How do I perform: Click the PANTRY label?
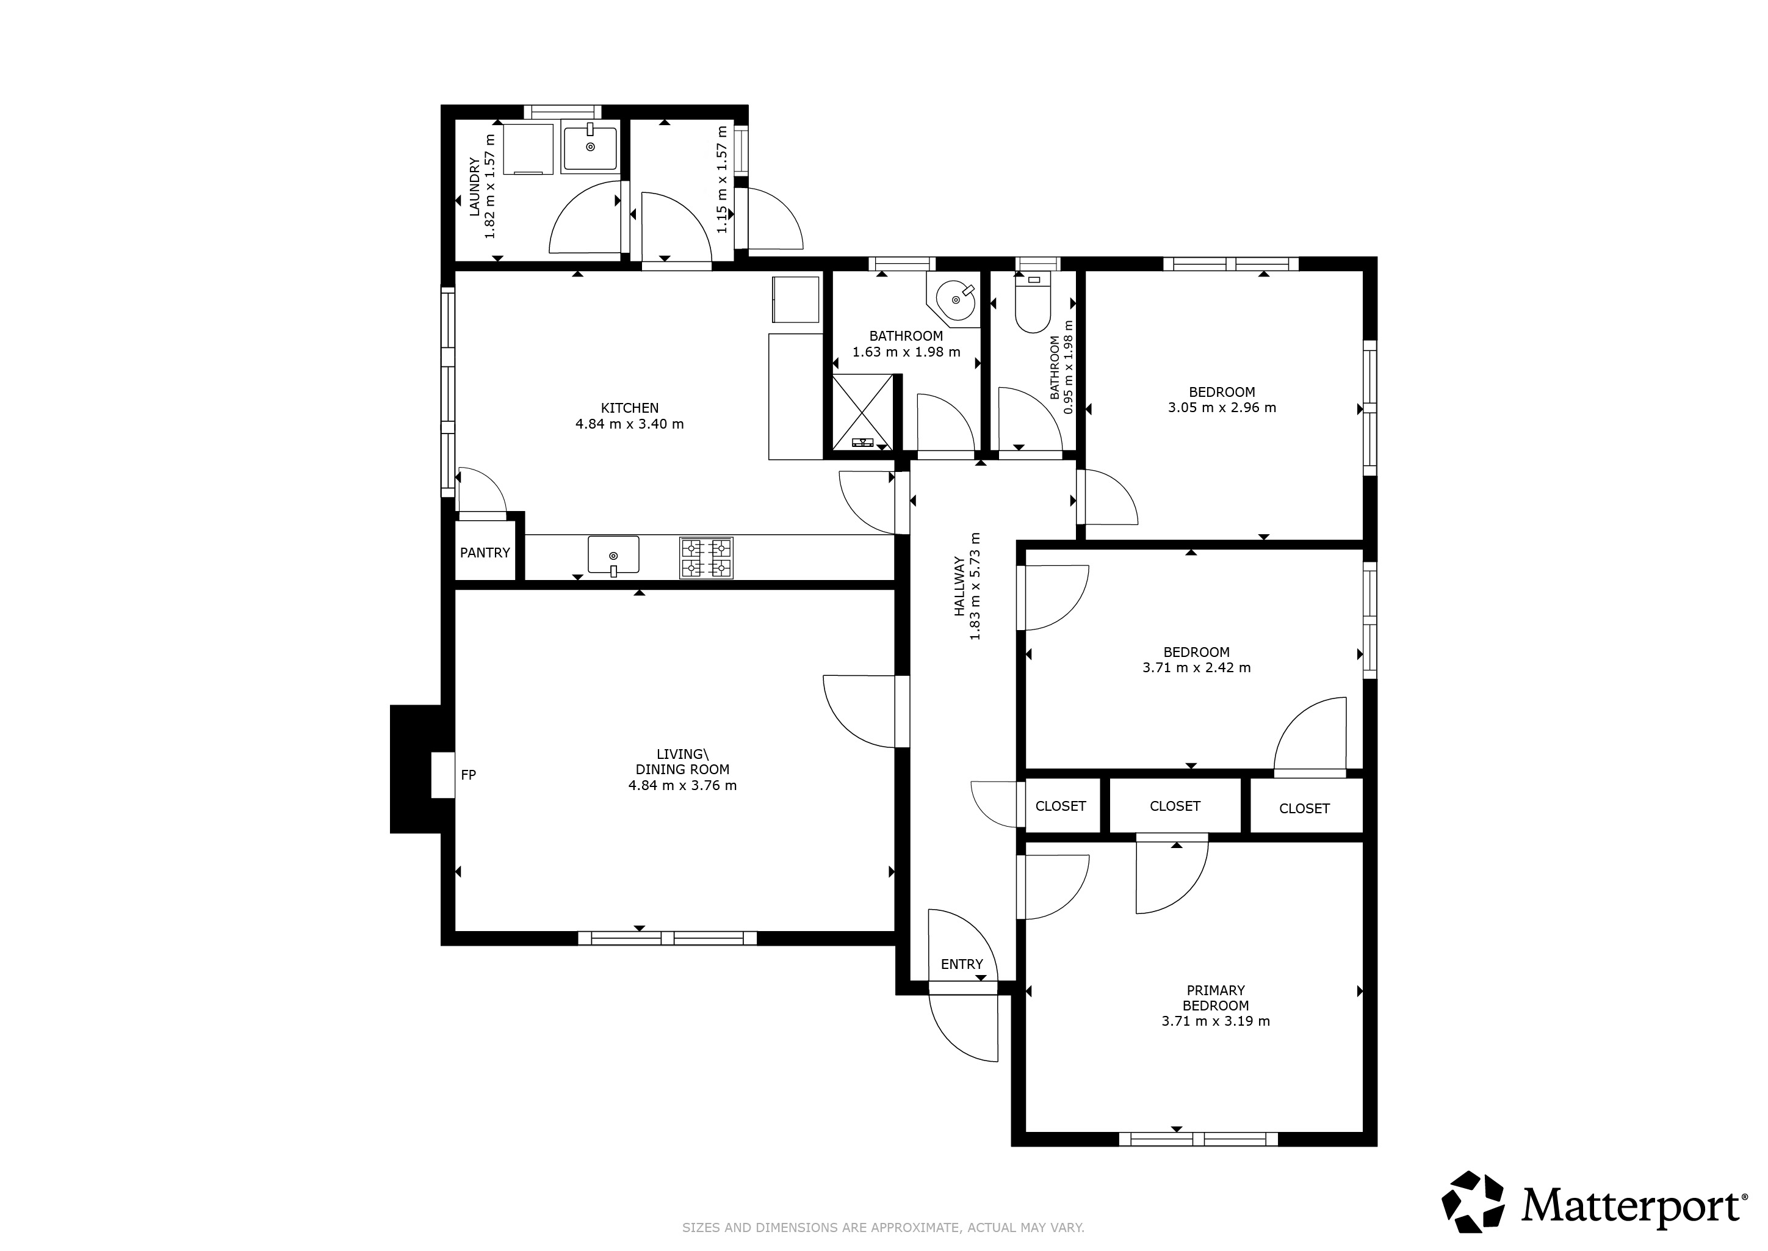coord(485,553)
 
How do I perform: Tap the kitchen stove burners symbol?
coord(705,557)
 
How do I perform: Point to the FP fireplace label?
coord(468,775)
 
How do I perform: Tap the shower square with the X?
coord(862,412)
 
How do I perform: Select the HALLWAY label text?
coord(959,586)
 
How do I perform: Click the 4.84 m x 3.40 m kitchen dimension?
coord(629,424)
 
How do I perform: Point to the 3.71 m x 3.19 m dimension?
coord(1215,1021)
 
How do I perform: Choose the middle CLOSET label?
coord(1174,806)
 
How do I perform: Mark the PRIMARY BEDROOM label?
coord(1215,998)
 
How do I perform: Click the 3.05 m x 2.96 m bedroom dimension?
coord(1221,407)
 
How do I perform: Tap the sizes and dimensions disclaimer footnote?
coord(883,1227)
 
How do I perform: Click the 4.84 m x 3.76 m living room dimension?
coord(682,786)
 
